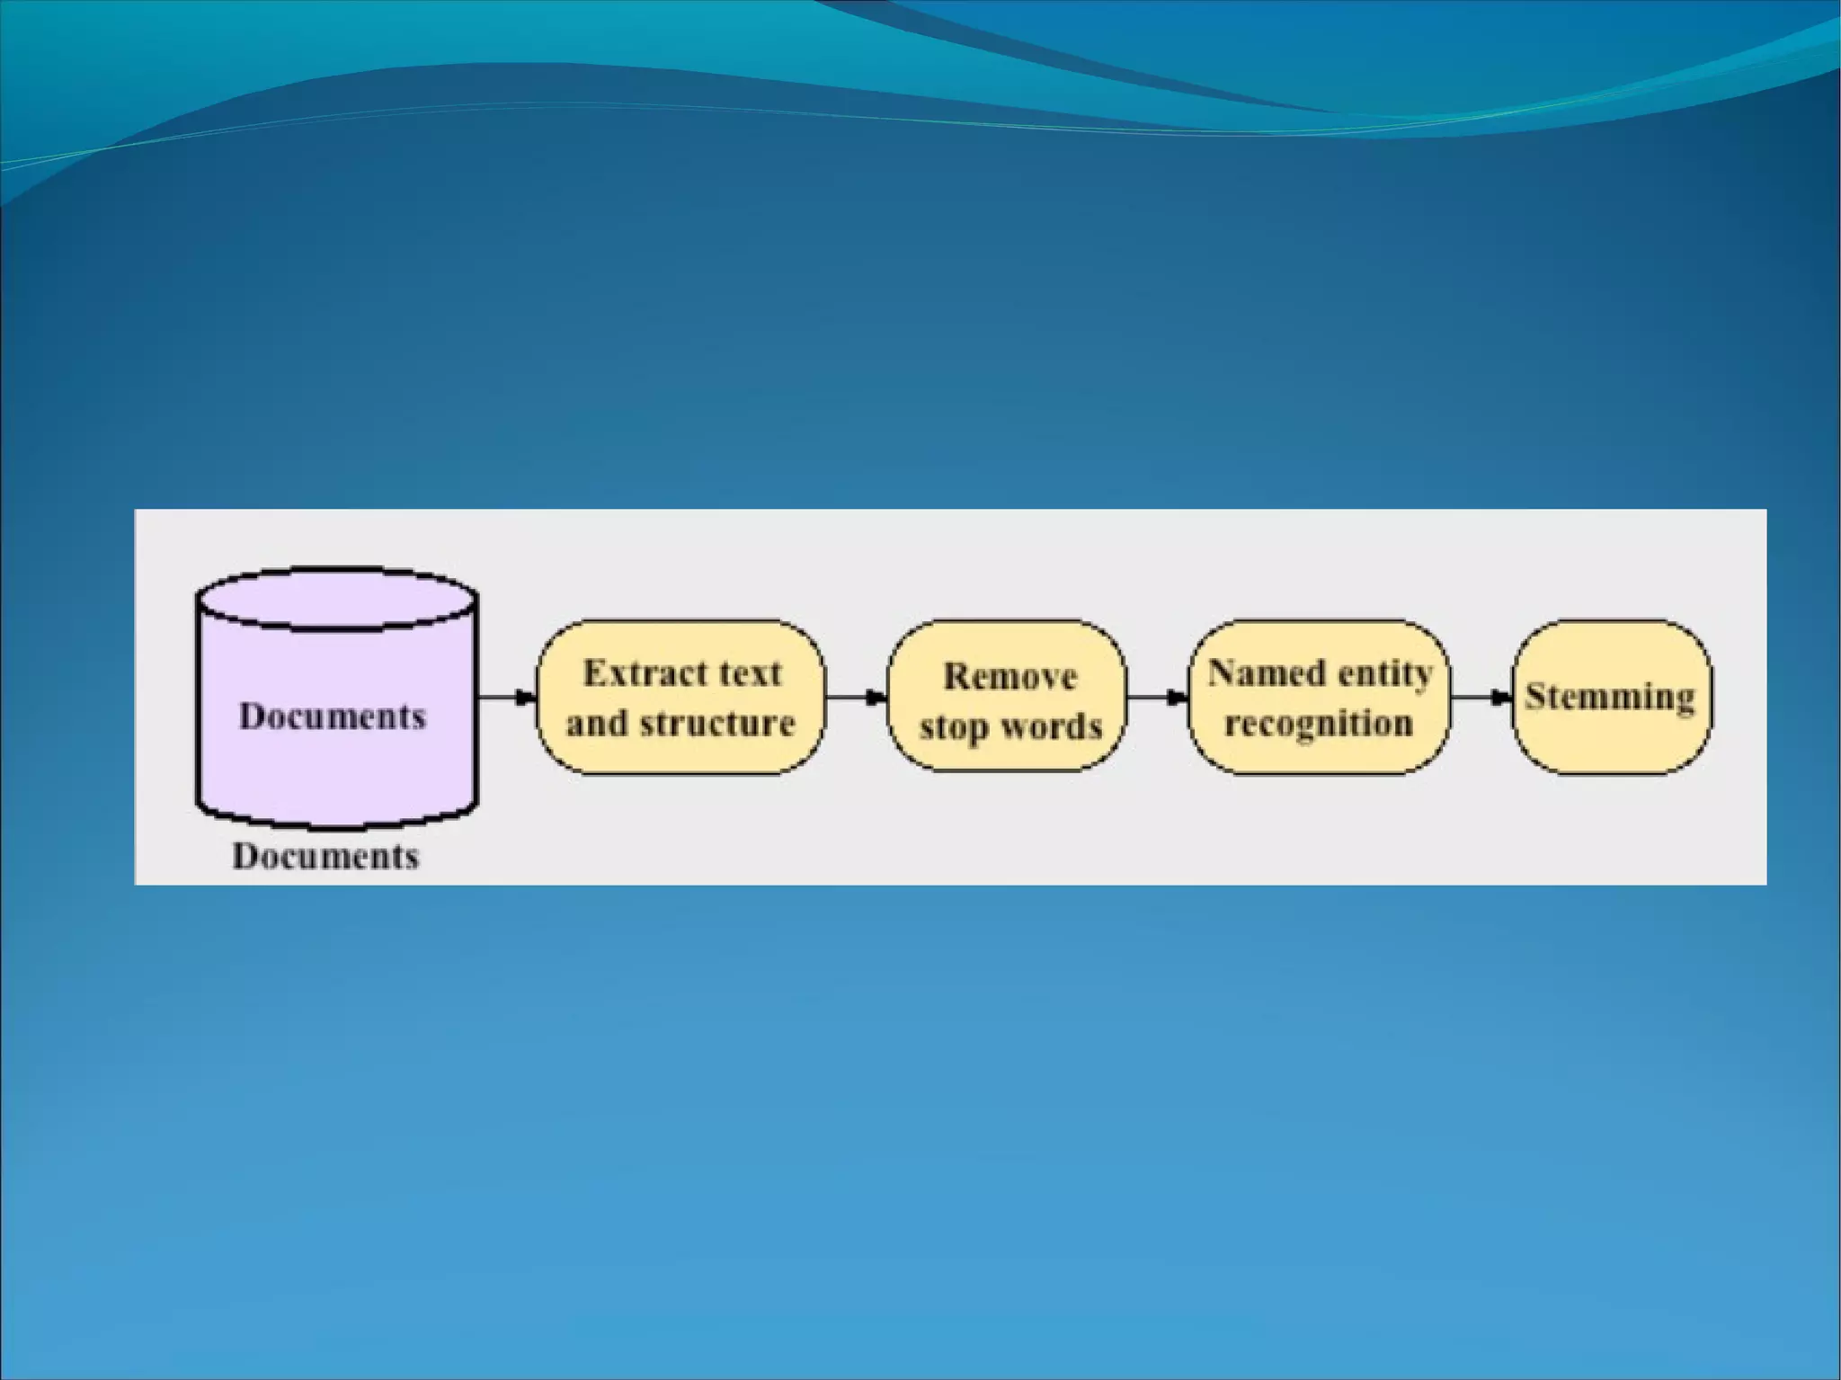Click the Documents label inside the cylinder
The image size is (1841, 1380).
[x=332, y=717]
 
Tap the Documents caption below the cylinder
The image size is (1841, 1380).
[x=325, y=856]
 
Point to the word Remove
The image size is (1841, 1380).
[x=1009, y=677]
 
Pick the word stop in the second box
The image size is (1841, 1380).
[x=954, y=727]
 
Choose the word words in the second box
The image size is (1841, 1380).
[x=1051, y=726]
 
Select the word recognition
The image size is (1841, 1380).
[x=1319, y=724]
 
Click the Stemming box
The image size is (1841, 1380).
[x=1612, y=697]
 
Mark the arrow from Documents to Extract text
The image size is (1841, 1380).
[x=506, y=697]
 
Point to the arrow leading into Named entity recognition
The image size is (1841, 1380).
[x=1157, y=697]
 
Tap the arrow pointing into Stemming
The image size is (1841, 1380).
[x=1481, y=697]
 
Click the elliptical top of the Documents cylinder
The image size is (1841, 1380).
[x=337, y=598]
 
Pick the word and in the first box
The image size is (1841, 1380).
[x=596, y=724]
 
